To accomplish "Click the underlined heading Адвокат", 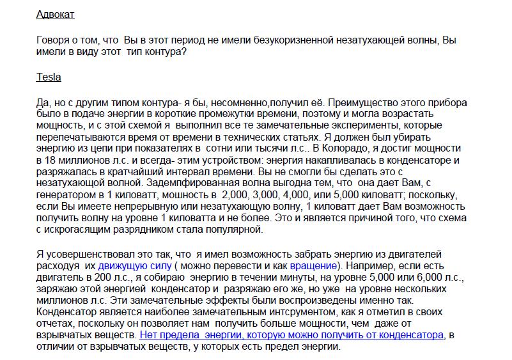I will coord(56,14).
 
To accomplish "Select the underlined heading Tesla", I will coord(49,77).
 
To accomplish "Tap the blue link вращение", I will coord(313,265).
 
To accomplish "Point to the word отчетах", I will coord(55,323).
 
